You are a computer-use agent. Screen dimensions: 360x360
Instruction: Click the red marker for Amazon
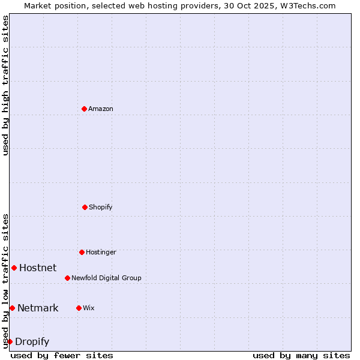pyautogui.click(x=84, y=109)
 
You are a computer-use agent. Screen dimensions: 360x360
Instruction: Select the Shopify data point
pyautogui.click(x=85, y=207)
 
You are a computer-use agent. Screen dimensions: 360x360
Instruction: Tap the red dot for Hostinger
pyautogui.click(x=82, y=252)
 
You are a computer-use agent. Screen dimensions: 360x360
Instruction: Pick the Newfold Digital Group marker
pyautogui.click(x=67, y=278)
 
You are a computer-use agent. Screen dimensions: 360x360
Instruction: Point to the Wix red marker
pyautogui.click(x=79, y=308)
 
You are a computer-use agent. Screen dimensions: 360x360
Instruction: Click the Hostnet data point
pyautogui.click(x=14, y=268)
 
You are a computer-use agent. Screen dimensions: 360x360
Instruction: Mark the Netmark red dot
pyautogui.click(x=12, y=308)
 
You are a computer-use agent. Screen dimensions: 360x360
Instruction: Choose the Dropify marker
pyautogui.click(x=10, y=341)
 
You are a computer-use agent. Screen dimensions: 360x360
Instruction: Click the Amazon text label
pyautogui.click(x=101, y=109)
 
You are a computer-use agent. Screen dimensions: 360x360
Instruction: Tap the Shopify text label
pyautogui.click(x=101, y=207)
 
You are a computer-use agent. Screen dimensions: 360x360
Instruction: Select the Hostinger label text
pyautogui.click(x=101, y=252)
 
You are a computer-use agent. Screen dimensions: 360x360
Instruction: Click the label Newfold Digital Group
pyautogui.click(x=106, y=278)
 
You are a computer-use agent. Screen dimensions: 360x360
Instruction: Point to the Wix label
pyautogui.click(x=89, y=308)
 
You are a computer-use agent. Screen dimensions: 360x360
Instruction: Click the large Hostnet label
pyautogui.click(x=38, y=268)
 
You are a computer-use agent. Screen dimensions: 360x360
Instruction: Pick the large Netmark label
pyautogui.click(x=38, y=308)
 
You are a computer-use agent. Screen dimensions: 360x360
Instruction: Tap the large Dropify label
pyautogui.click(x=32, y=341)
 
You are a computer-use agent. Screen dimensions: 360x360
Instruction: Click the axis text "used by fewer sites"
pyautogui.click(x=62, y=355)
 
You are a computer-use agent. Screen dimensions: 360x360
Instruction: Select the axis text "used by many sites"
pyautogui.click(x=301, y=355)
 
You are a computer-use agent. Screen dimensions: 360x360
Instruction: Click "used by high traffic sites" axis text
pyautogui.click(x=5, y=85)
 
